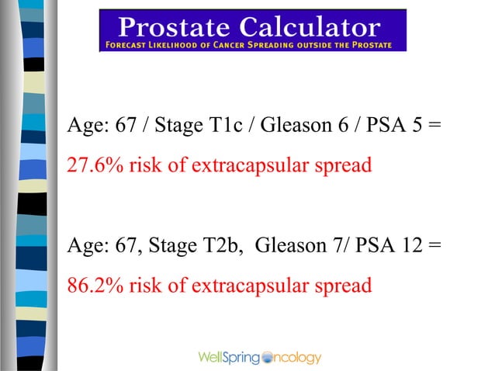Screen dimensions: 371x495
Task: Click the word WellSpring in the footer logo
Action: (230, 358)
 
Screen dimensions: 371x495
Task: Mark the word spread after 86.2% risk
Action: (342, 286)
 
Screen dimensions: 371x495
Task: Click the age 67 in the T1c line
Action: (126, 126)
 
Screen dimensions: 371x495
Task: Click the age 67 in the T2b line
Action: (126, 246)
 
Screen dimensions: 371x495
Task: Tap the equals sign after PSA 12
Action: (434, 247)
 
